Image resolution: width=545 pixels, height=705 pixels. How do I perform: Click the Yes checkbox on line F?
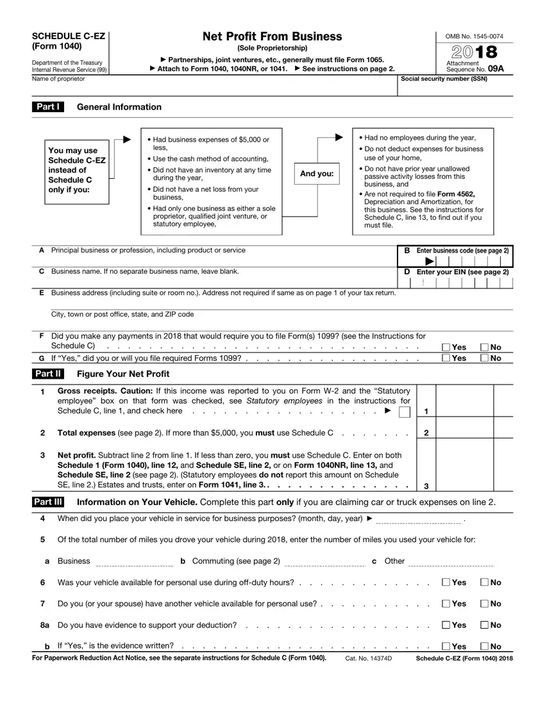coord(446,347)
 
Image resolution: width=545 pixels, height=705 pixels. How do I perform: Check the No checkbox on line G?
coord(485,358)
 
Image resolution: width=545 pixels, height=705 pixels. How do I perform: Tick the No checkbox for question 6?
coord(485,583)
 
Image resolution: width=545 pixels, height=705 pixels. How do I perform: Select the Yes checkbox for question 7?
coord(446,604)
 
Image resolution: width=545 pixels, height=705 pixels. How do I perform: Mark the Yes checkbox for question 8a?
coord(446,626)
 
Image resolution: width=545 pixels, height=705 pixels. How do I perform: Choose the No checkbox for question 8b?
coord(485,647)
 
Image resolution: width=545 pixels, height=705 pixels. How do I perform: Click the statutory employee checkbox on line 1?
coord(404,411)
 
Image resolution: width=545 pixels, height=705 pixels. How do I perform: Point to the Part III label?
coord(48,502)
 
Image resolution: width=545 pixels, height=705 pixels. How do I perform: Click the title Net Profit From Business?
coord(272,37)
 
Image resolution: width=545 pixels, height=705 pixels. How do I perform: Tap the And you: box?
coord(317,174)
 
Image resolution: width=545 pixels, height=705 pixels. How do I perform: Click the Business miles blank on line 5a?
coord(134,562)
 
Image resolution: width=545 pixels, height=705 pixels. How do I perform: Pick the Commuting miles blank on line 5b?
coord(324,562)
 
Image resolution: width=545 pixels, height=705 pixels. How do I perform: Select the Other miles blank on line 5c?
coord(451,562)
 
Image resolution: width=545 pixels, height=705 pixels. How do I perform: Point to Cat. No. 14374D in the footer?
coord(368,659)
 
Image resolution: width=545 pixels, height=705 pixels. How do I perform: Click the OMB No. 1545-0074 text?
coord(465,37)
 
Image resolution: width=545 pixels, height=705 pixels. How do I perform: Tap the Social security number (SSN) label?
coord(444,79)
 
